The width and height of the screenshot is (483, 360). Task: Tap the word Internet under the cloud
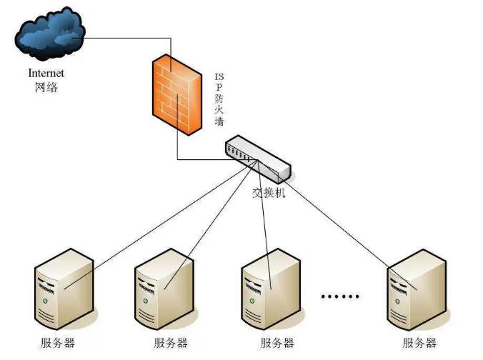click(46, 73)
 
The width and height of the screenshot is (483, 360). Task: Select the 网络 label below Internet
click(46, 88)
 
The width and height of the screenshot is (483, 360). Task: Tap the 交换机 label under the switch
click(269, 193)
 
